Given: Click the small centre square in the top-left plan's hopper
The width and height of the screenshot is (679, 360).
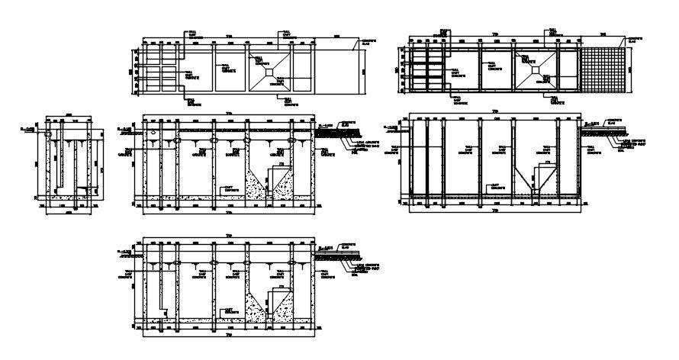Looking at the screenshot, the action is (271, 71).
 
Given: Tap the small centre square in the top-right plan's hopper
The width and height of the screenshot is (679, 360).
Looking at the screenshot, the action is (539, 69).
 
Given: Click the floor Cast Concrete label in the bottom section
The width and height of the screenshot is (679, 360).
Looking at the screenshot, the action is (228, 312).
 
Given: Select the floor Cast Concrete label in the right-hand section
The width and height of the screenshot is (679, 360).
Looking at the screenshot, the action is (496, 186).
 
